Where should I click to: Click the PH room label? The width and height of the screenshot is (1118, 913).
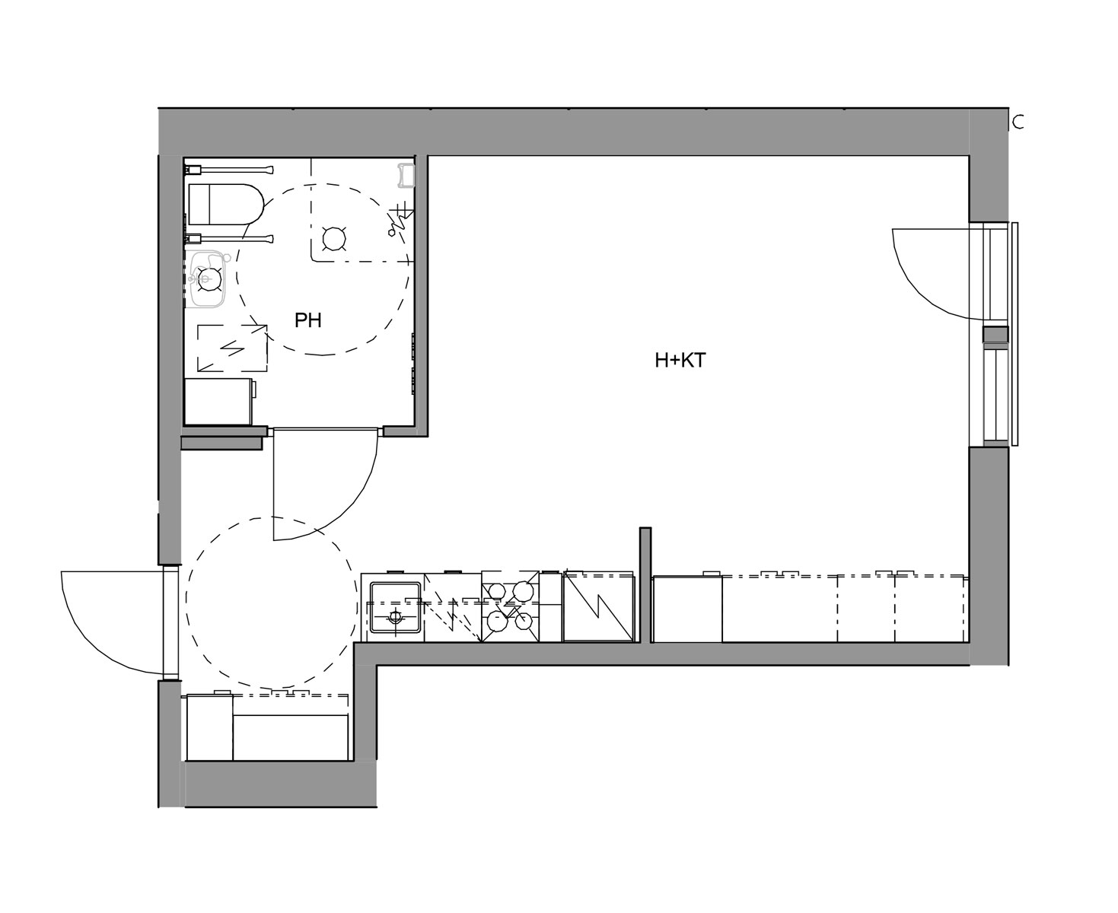click(x=308, y=320)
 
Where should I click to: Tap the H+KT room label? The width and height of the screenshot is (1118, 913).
click(x=680, y=361)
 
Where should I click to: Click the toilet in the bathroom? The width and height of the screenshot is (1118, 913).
click(x=226, y=204)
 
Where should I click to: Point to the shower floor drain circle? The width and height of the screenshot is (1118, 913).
click(x=334, y=238)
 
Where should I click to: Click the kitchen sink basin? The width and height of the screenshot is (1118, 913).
click(x=396, y=607)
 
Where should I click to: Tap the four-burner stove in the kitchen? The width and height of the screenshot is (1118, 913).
click(x=510, y=606)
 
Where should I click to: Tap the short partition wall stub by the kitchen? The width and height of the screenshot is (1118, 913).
click(x=645, y=585)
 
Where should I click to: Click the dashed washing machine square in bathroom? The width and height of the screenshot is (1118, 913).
click(x=232, y=348)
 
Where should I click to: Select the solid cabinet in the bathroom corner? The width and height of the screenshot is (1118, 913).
click(x=218, y=401)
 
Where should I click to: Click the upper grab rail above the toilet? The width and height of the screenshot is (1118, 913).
click(x=229, y=170)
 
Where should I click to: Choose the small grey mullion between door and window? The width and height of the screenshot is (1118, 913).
click(x=995, y=335)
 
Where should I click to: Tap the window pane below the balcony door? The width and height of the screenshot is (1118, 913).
click(x=995, y=395)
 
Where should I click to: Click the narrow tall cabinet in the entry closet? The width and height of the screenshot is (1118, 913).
click(x=210, y=727)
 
